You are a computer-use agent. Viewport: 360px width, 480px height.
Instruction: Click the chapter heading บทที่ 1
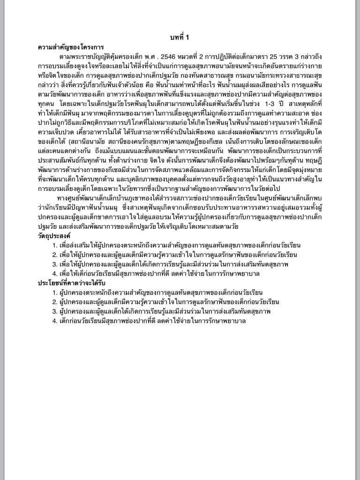pos(180,37)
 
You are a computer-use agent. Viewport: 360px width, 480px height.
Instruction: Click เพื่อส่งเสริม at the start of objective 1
pos(75,245)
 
